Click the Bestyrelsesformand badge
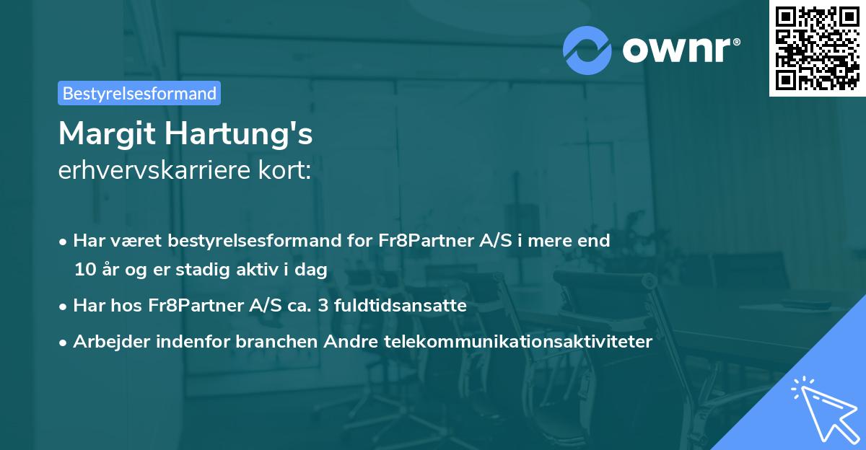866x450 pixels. (139, 93)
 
